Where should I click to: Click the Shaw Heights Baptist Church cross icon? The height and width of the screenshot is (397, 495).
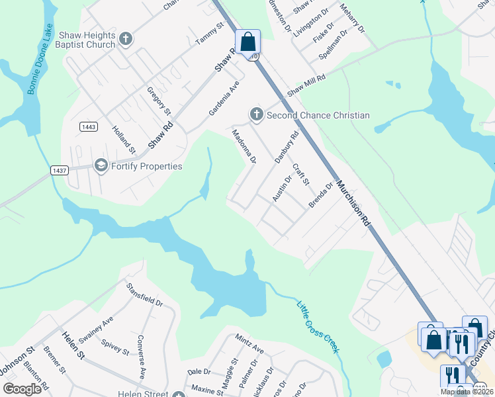(126, 40)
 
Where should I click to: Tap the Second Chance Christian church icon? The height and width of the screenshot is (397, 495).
(257, 115)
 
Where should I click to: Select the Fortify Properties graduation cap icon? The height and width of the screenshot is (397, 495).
(101, 165)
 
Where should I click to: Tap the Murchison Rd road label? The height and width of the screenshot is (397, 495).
(353, 204)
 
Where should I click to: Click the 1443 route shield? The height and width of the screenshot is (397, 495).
(88, 126)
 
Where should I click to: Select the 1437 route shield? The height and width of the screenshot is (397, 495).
(60, 170)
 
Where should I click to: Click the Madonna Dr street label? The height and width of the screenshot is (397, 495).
(243, 146)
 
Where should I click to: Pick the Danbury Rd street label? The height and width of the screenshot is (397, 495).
(287, 148)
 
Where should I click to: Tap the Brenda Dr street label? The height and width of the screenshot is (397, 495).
(320, 197)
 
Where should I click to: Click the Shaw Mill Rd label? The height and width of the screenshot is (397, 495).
(306, 86)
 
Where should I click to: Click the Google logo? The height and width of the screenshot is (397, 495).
(22, 389)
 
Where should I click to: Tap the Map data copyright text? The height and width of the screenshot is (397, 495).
(466, 392)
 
